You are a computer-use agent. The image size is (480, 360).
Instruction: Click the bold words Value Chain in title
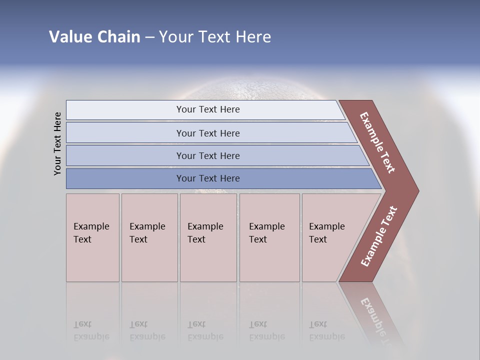[94, 36]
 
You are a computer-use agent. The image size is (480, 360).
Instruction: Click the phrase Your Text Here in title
[215, 36]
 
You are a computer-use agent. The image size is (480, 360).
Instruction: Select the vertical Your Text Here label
[57, 143]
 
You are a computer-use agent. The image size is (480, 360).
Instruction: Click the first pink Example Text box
[92, 237]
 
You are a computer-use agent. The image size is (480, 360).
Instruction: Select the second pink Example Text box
[149, 237]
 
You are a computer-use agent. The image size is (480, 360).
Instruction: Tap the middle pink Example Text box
[208, 237]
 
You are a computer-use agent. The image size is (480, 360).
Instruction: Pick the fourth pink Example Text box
[269, 237]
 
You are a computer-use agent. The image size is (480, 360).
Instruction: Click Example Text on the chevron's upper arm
[377, 142]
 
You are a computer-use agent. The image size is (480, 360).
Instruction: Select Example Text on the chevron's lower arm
[379, 236]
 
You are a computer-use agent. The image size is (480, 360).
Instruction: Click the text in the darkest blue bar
[208, 178]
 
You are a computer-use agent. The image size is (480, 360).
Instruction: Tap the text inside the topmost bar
[208, 109]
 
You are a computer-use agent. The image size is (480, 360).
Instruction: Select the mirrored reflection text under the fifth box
[326, 330]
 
